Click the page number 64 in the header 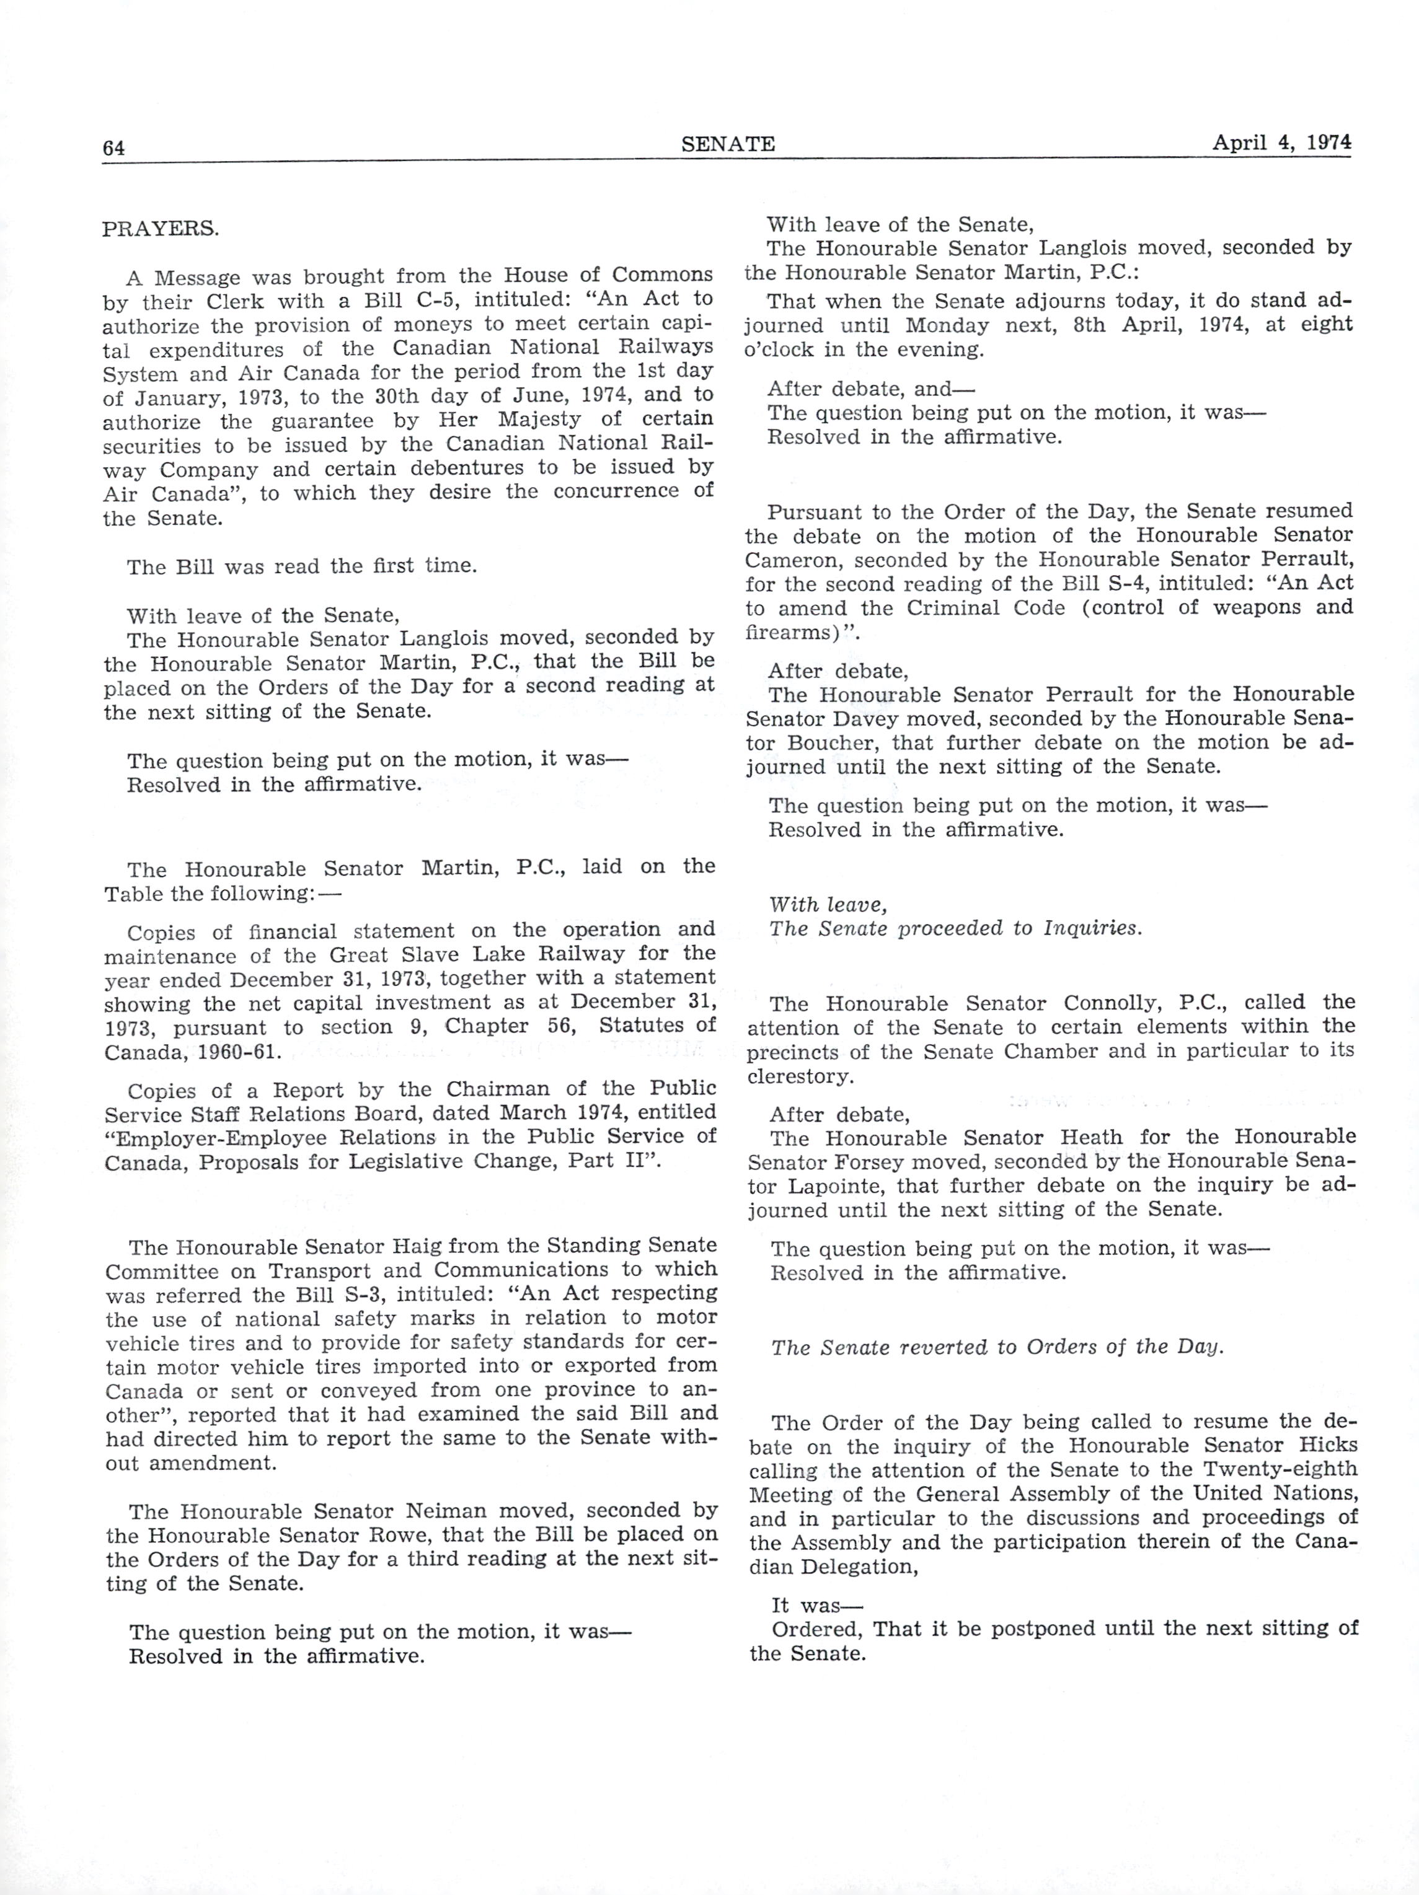[114, 148]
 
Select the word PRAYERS [160, 229]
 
